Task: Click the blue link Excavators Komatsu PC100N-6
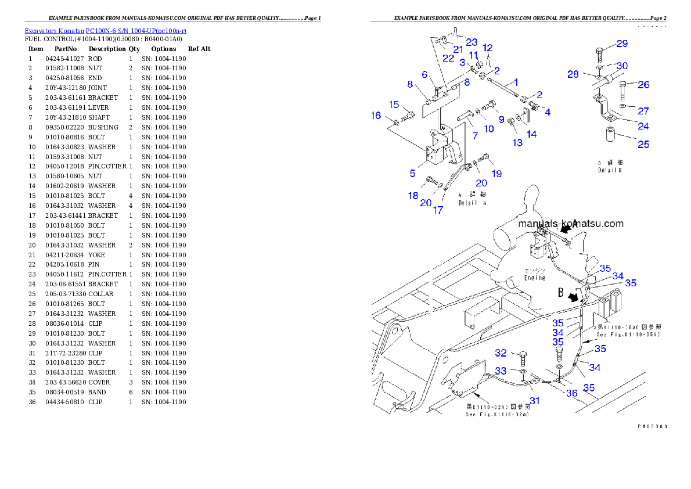[105, 30]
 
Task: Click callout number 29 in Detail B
[621, 44]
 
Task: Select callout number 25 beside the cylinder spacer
[643, 144]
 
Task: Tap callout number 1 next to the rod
[516, 83]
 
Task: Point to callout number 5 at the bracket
[412, 173]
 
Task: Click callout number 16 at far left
[376, 116]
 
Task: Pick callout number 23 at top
[471, 42]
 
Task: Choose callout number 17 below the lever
[438, 210]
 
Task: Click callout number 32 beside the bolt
[501, 353]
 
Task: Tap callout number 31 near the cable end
[534, 400]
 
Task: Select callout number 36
[572, 393]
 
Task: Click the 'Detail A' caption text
[472, 203]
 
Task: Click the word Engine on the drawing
[535, 278]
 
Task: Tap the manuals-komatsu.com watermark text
[570, 224]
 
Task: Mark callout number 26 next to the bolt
[643, 85]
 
